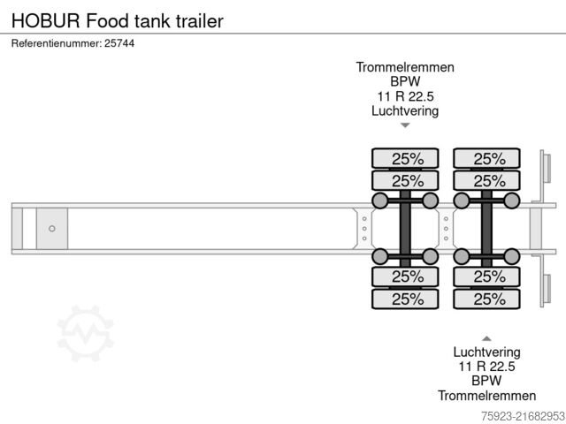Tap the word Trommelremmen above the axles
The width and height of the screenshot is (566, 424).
click(405, 67)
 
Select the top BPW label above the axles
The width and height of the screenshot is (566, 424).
click(405, 82)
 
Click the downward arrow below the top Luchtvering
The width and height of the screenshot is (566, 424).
click(405, 125)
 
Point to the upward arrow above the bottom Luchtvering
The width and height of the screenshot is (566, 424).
click(486, 338)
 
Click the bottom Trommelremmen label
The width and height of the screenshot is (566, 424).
click(486, 396)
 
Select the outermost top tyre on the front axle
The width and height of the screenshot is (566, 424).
click(405, 159)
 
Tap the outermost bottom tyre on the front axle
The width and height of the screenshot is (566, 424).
click(405, 299)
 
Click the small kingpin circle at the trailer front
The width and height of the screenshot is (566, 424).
click(52, 229)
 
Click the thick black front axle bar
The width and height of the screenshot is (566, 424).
click(405, 229)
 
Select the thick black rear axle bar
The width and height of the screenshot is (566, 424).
click(486, 229)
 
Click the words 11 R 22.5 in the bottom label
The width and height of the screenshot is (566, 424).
click(486, 367)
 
